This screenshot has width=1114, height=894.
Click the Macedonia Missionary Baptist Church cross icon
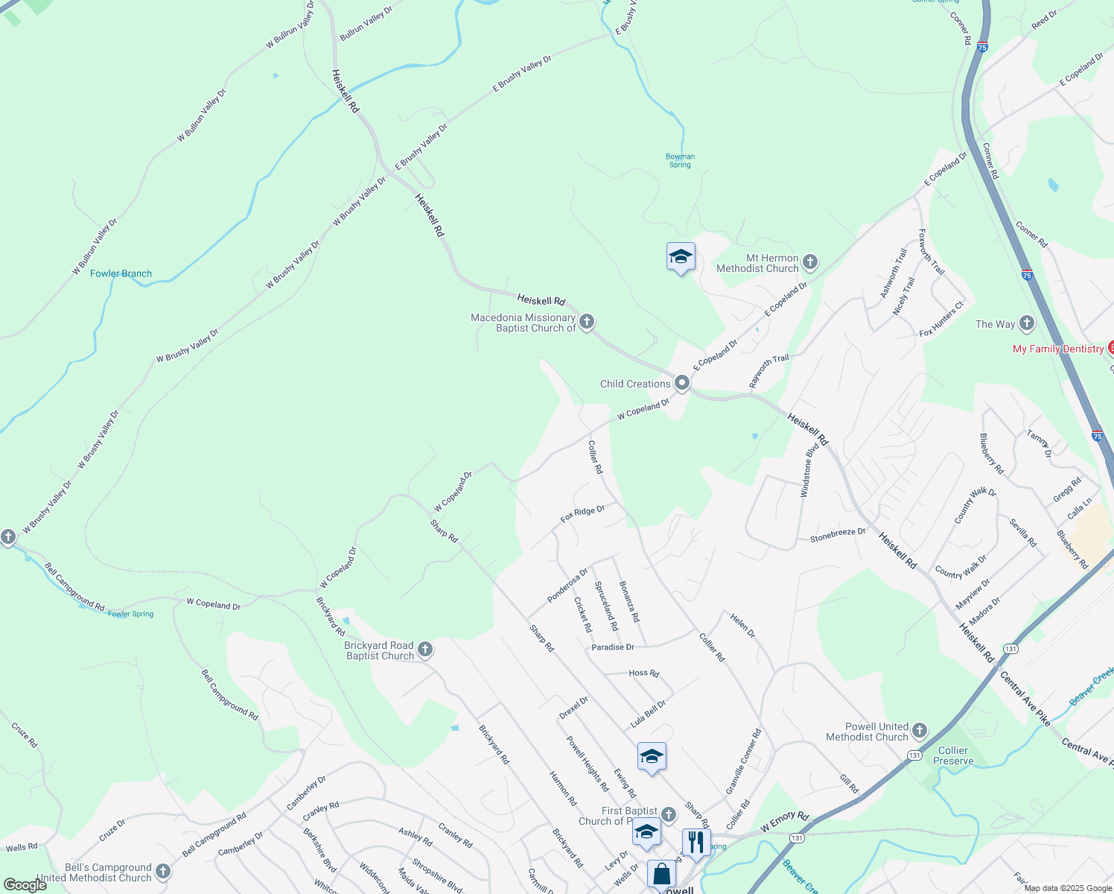point(587,322)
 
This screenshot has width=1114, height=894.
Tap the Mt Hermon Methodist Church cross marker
point(810,262)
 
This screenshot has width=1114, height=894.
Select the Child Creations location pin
point(681,384)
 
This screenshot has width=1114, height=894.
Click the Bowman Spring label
point(680,160)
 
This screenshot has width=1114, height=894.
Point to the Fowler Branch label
point(121,273)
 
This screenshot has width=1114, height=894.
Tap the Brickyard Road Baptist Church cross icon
point(424,650)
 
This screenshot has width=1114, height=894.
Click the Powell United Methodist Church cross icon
point(920,731)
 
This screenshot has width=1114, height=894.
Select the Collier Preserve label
point(953,755)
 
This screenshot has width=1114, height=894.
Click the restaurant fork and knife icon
point(696,842)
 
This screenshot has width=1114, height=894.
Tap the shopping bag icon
point(661,874)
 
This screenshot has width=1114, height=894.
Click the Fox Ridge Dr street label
point(582,514)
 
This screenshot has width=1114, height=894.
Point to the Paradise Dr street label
point(613,647)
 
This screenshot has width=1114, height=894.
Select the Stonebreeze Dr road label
point(838,535)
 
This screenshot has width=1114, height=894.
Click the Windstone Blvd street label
point(809,469)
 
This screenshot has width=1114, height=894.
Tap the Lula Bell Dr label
point(648,714)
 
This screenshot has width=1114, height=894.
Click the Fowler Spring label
point(130,614)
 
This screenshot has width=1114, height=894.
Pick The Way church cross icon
point(1027,323)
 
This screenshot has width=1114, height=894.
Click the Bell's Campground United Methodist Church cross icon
point(163,871)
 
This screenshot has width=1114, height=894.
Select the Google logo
point(25,885)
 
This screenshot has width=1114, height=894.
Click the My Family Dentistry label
point(1058,349)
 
